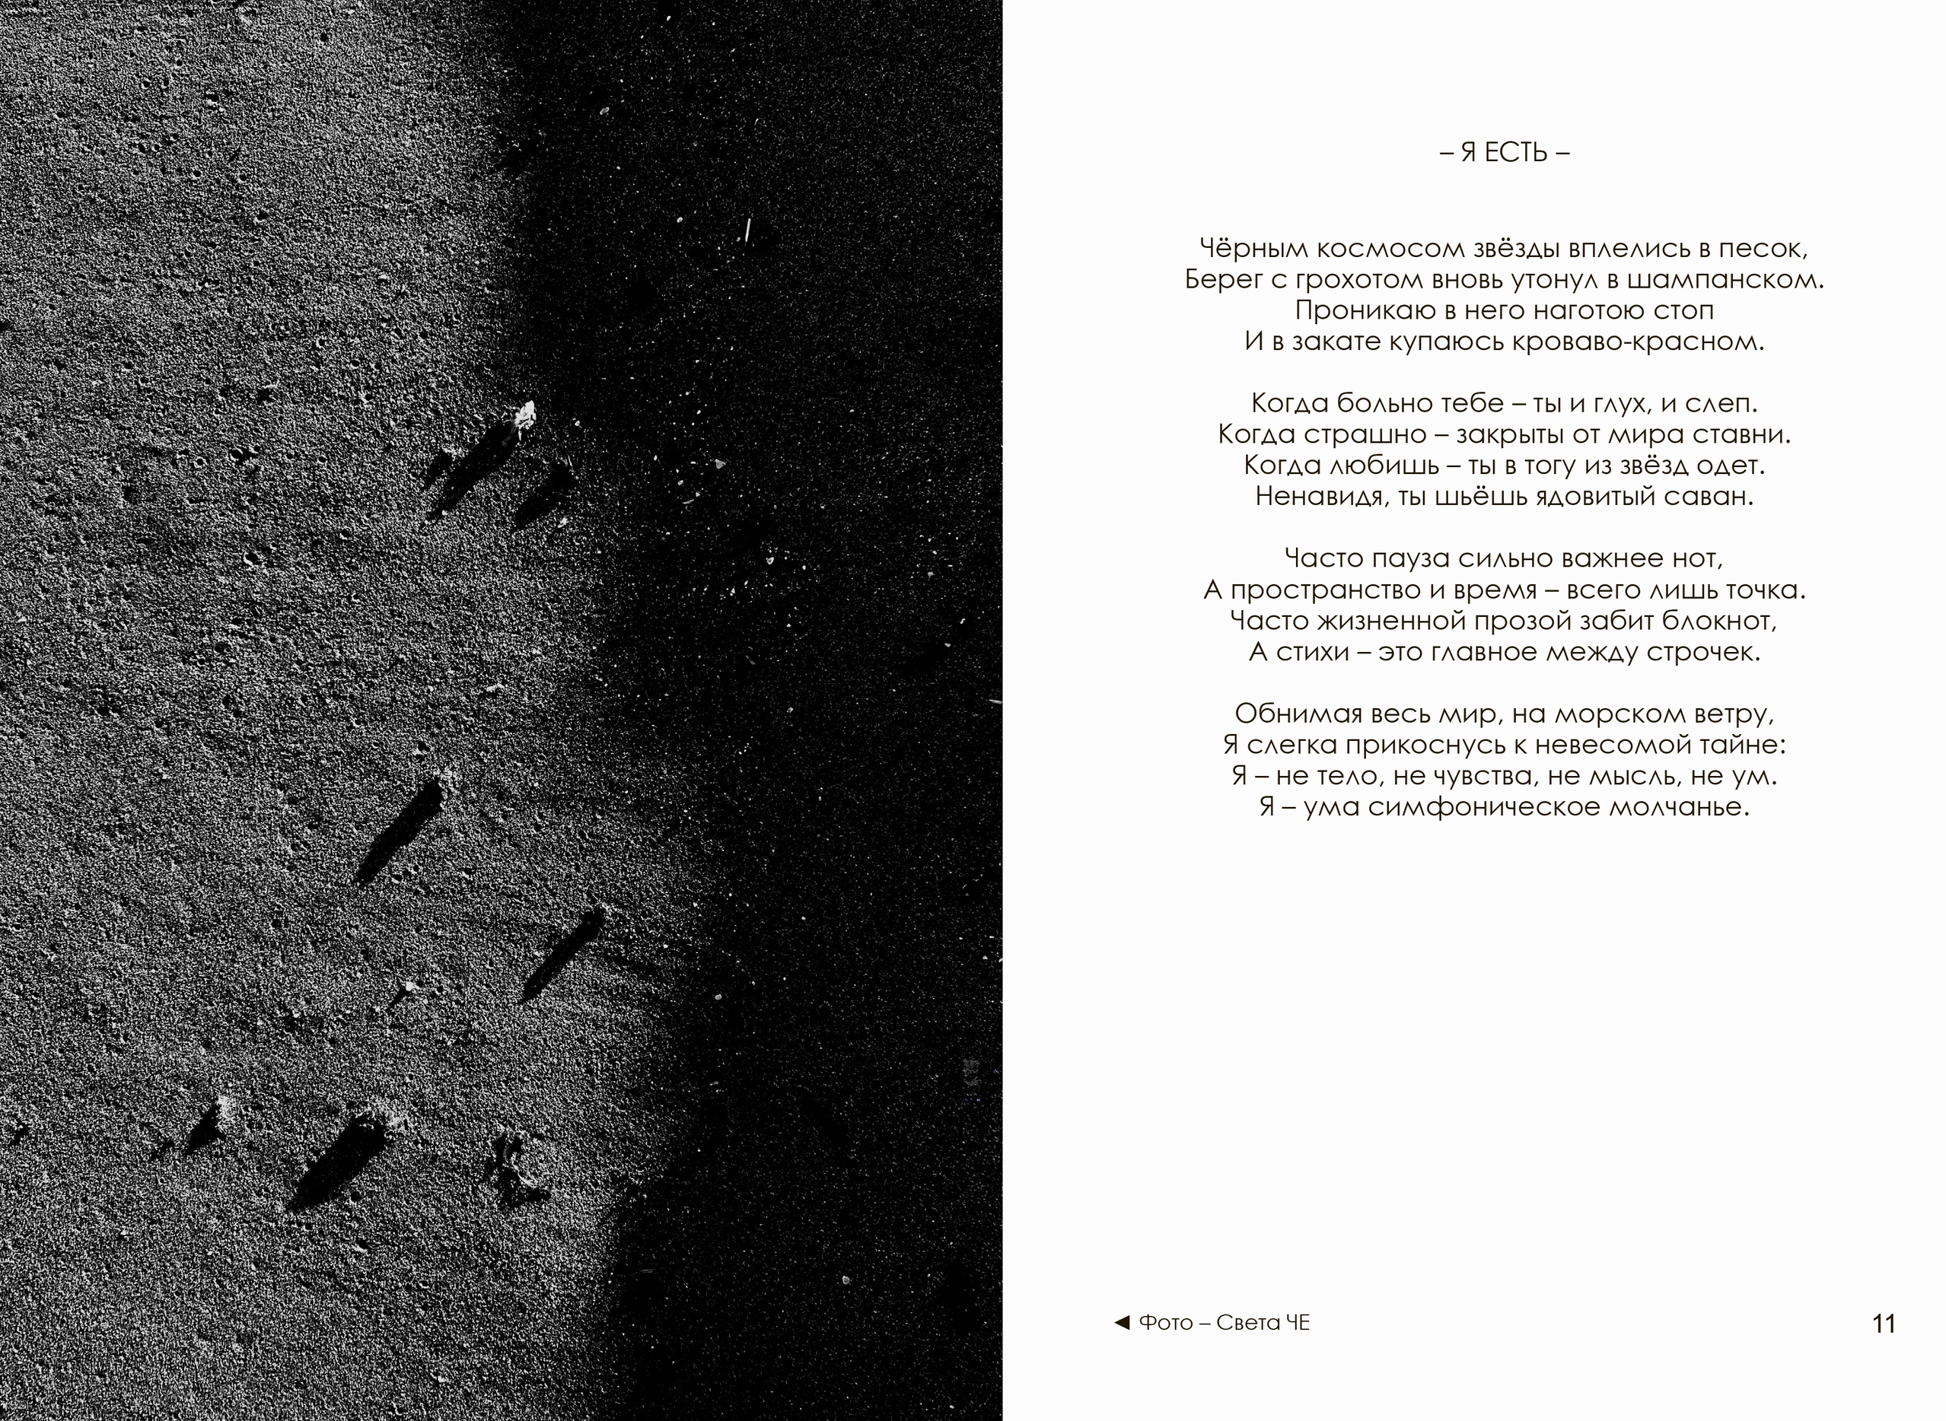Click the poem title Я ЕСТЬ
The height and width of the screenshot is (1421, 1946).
click(x=1505, y=153)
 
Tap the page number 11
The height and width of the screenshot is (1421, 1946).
click(x=1883, y=1324)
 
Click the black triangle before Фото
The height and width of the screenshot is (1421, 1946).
click(x=1122, y=1322)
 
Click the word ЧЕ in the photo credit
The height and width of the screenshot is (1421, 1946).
click(x=1298, y=1323)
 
